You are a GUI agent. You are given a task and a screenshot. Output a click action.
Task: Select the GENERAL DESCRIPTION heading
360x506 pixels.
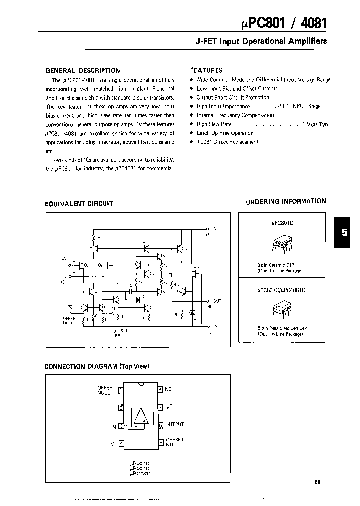click(x=82, y=71)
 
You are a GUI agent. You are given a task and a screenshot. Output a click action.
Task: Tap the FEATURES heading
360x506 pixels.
click(x=206, y=70)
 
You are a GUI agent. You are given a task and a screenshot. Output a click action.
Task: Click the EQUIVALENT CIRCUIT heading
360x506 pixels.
click(x=79, y=204)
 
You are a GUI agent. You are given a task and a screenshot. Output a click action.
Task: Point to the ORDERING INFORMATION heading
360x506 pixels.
click(x=286, y=201)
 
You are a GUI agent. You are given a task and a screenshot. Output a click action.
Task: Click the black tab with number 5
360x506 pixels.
click(x=344, y=232)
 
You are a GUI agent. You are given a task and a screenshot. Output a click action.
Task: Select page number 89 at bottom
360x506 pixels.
click(x=318, y=482)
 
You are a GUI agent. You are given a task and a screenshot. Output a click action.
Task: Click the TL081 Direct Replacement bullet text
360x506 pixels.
click(x=227, y=142)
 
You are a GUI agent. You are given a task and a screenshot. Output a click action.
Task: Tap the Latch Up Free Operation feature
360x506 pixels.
click(x=225, y=133)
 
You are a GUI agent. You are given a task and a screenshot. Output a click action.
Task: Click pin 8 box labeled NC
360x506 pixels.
click(x=160, y=389)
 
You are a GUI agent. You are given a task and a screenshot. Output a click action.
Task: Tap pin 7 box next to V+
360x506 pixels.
click(x=160, y=407)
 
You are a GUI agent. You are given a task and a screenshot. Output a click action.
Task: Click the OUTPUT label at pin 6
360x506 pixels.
click(x=174, y=424)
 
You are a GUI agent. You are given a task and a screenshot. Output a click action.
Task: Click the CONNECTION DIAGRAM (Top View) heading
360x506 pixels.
click(x=97, y=366)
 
